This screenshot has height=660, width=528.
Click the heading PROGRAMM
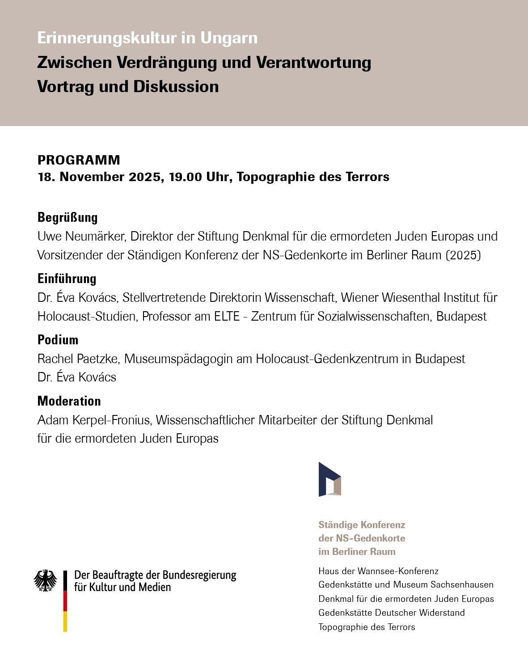pos(79,160)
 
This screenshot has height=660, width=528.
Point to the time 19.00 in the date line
pos(186,177)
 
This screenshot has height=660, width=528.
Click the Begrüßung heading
pos(68,217)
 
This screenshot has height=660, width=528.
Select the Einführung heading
pos(67,279)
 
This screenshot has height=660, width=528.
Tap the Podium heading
pos(58,340)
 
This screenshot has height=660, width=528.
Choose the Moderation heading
pos(69,401)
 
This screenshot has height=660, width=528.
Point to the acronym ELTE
pos(227,317)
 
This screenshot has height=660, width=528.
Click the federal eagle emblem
pos(46,580)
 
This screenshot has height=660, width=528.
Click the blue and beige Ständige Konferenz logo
pos(330,479)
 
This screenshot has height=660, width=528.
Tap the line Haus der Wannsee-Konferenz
pos(378,571)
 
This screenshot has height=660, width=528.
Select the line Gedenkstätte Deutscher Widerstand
pos(391,613)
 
